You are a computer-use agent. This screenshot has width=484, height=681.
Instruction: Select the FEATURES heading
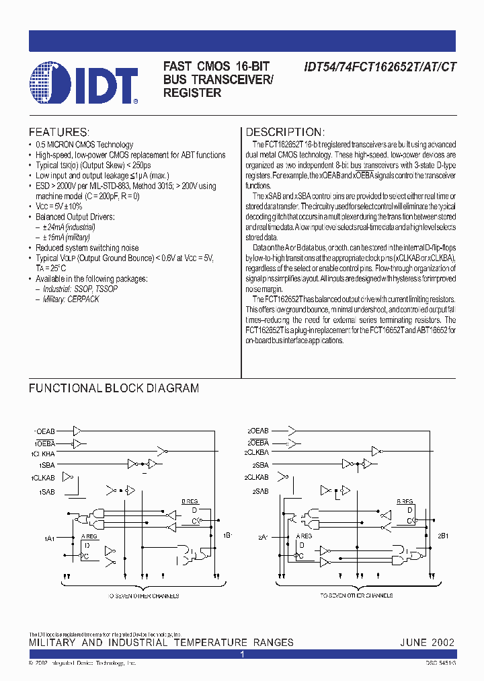(59, 132)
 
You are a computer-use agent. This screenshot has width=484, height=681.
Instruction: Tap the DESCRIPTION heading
(284, 132)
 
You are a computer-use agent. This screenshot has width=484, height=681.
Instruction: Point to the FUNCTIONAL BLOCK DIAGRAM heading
(114, 388)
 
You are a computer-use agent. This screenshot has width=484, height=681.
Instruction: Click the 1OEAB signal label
(45, 430)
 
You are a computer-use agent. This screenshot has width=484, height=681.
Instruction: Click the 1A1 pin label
(49, 538)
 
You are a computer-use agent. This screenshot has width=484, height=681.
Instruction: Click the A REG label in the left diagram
(89, 536)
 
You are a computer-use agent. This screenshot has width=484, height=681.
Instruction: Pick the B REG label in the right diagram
(405, 501)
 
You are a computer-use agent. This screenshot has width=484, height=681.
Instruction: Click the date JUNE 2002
(426, 643)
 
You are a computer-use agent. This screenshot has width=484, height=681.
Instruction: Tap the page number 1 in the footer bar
(243, 653)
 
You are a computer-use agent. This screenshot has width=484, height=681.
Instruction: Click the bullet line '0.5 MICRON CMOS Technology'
(85, 145)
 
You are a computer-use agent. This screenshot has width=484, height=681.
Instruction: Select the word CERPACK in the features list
(83, 299)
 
